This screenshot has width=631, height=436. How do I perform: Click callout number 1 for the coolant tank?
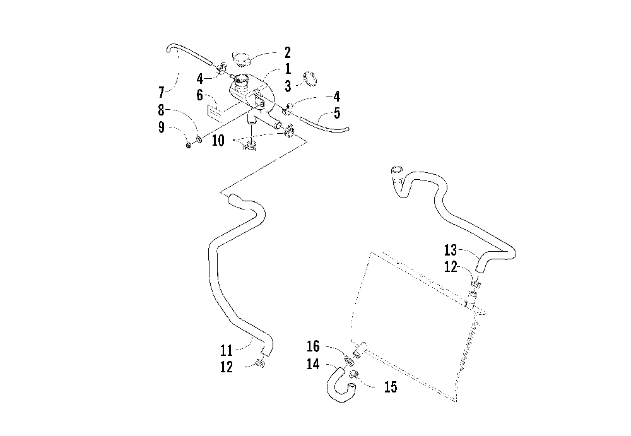(288, 69)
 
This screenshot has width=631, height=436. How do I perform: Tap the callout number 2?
(287, 52)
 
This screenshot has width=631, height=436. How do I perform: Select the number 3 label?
(288, 86)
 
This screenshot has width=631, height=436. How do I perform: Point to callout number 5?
(337, 113)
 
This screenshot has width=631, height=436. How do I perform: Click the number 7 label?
(162, 93)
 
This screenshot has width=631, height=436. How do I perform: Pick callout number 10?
(218, 141)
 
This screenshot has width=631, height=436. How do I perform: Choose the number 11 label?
(226, 350)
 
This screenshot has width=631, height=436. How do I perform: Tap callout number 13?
(451, 250)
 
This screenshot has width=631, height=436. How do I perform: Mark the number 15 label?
(391, 387)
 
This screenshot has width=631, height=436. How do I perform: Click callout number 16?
(313, 346)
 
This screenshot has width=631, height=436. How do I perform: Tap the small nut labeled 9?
(188, 145)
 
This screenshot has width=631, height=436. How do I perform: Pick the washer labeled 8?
(199, 139)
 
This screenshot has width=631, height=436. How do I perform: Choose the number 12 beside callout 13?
(451, 266)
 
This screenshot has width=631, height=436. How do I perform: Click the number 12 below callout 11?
(226, 367)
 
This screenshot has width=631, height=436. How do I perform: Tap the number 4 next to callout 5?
(337, 97)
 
